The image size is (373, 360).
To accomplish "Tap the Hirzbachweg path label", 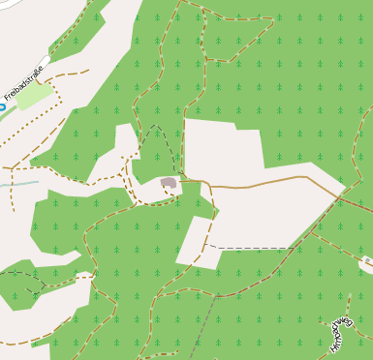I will click(x=344, y=330).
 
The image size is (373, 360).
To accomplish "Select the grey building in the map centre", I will click(x=169, y=182).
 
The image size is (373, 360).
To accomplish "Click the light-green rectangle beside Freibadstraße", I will click(x=34, y=96).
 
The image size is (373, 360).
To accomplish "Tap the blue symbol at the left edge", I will click(x=2, y=107).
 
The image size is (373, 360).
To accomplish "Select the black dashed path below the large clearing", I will click(x=252, y=248).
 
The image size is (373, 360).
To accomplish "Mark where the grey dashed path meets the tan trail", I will click(x=215, y=296).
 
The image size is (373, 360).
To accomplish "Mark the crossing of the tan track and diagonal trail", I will click(x=335, y=194).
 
